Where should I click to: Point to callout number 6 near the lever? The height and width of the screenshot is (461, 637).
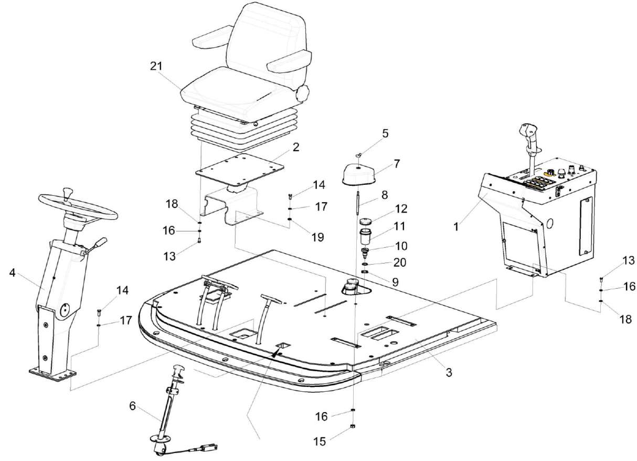132,406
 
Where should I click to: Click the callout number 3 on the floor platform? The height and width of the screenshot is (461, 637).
449,372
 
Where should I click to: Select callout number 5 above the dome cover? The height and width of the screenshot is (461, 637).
385,133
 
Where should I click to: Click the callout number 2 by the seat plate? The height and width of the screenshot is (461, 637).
296,147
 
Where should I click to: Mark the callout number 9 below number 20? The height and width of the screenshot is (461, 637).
394,282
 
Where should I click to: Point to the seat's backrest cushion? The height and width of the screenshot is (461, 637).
267,34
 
